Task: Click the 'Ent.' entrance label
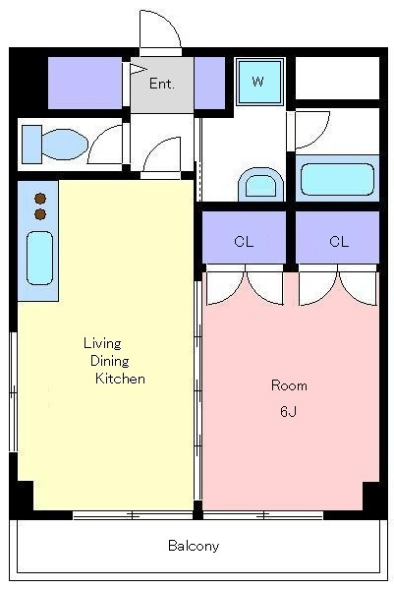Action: point(162,84)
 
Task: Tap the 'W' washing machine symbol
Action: point(259,82)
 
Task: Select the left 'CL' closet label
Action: point(244,241)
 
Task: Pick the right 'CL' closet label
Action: point(339,241)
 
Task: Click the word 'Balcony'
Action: point(194,546)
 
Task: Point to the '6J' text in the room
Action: point(289,412)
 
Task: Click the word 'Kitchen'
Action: point(120,379)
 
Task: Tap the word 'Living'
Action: point(102,343)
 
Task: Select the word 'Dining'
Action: point(110,361)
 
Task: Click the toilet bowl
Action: point(65,145)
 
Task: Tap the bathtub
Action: point(337,180)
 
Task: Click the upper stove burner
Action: point(40,198)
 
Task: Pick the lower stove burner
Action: point(40,214)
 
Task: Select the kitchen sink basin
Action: point(39,258)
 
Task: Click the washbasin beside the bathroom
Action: point(261,184)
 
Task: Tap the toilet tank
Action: point(31,145)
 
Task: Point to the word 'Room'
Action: point(289,385)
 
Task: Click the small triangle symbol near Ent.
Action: point(138,69)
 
